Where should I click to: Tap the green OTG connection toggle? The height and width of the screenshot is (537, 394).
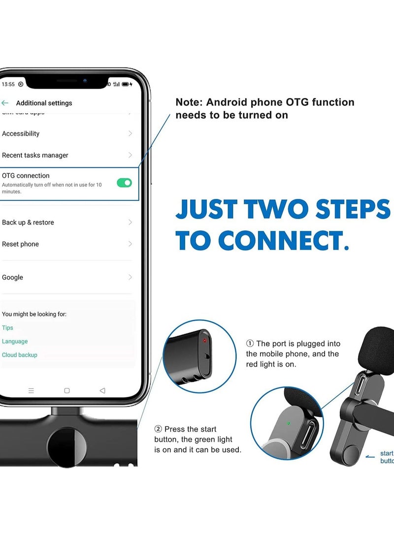click(x=124, y=183)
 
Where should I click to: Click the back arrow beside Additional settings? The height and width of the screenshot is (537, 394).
click(x=5, y=103)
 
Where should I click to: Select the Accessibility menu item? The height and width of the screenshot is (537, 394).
click(x=21, y=133)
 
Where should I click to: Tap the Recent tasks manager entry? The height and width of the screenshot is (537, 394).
click(x=35, y=155)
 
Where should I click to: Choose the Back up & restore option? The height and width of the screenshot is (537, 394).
click(x=28, y=222)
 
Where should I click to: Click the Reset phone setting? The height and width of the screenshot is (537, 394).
click(x=20, y=244)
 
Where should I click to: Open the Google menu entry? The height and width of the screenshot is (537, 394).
click(x=13, y=278)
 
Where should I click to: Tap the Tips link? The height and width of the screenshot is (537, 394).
click(x=7, y=328)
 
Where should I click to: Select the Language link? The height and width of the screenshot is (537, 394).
click(x=15, y=342)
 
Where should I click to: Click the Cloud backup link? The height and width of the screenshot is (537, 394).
click(x=20, y=355)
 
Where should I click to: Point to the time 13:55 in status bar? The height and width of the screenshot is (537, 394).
click(x=8, y=84)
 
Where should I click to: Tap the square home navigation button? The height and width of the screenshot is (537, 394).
click(x=67, y=390)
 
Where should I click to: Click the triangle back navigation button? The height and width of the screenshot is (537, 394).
click(x=102, y=390)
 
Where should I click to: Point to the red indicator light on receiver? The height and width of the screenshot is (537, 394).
click(x=205, y=340)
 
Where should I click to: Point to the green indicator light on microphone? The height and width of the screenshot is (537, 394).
click(x=289, y=422)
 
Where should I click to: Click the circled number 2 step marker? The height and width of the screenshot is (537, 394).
click(x=158, y=429)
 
